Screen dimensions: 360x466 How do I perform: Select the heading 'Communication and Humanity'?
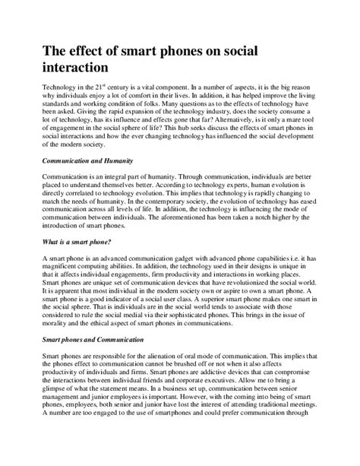point(87,161)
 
